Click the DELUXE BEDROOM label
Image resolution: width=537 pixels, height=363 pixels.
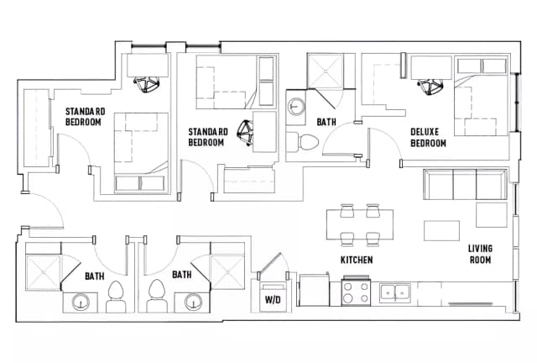[x=428, y=138]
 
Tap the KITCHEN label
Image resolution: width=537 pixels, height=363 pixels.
[x=357, y=260]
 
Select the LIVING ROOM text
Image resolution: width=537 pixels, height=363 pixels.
[x=481, y=254]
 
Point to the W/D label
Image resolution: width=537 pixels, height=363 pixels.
[x=273, y=298]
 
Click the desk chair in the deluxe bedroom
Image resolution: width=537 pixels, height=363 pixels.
[x=433, y=86]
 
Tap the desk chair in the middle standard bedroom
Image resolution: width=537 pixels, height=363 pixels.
[x=246, y=131]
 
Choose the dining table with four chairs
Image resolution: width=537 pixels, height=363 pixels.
[x=361, y=224]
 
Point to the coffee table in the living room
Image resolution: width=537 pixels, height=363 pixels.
[x=441, y=230]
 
